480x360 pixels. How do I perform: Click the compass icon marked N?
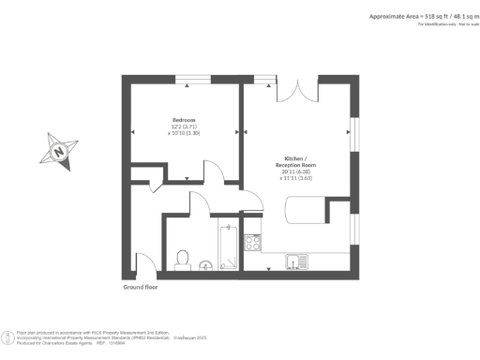click(x=60, y=148)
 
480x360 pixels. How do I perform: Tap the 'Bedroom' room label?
click(x=184, y=121)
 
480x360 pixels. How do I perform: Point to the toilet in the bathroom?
click(x=184, y=255)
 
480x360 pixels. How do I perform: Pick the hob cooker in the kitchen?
click(x=252, y=243)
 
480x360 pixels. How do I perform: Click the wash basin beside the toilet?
click(x=204, y=265)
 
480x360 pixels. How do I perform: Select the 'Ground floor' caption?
click(x=142, y=287)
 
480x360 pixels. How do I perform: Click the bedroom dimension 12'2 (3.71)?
click(x=184, y=127)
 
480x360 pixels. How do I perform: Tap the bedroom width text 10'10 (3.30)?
click(x=186, y=134)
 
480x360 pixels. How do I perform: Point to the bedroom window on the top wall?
click(x=196, y=80)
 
